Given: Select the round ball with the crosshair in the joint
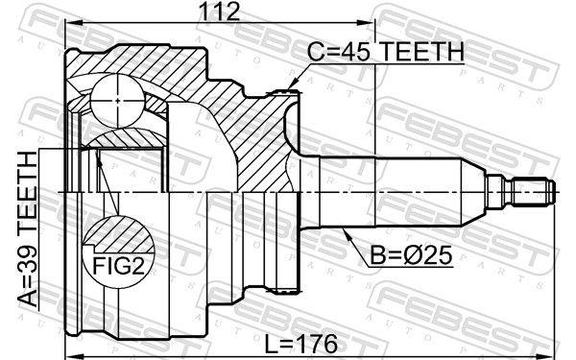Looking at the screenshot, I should pyautogui.click(x=114, y=98).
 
